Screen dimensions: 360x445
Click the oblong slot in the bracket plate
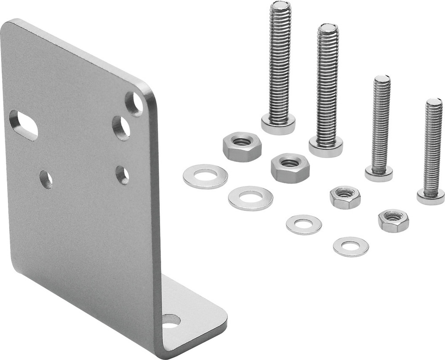23,125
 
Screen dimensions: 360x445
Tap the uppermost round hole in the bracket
134,104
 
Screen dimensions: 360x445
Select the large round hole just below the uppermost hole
121,128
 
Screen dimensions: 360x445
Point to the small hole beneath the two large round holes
122,175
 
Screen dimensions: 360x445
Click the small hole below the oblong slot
46,179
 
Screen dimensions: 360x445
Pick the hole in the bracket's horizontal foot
171,321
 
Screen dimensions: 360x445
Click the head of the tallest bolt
278,124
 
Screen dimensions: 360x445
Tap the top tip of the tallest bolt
280,5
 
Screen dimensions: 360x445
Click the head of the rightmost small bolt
430,196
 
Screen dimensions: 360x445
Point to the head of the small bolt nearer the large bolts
379,173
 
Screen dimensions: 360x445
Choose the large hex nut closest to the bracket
242,146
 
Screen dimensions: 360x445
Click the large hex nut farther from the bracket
290,168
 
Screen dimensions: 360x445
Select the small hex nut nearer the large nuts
345,197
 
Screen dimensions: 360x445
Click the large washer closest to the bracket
205,176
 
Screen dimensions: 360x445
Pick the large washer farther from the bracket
251,198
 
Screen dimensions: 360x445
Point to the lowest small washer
351,247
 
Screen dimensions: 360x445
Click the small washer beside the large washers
303,224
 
